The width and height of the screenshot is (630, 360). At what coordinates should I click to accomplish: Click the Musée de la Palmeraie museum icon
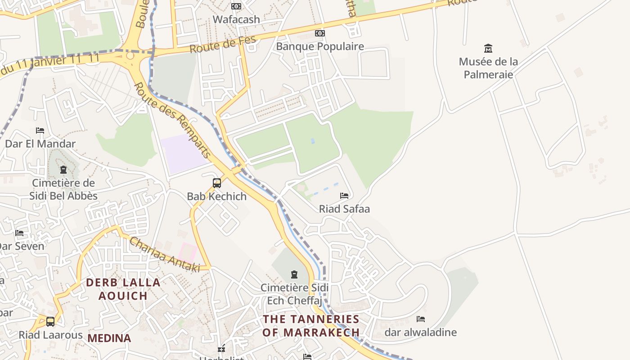[x=488, y=48]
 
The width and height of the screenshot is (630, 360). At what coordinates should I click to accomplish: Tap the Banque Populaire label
[x=319, y=46]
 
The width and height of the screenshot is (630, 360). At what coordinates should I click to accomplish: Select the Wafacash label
[x=236, y=19]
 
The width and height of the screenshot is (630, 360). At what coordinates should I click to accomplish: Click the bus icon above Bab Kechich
[x=217, y=183]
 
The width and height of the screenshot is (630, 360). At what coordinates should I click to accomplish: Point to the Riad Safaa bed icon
[x=344, y=196]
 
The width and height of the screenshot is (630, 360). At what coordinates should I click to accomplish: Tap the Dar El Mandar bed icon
[x=40, y=130]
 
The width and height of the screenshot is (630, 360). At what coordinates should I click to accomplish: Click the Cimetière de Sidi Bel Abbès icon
[x=63, y=170]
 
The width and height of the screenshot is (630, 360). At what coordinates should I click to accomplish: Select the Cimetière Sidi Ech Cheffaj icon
[x=294, y=274]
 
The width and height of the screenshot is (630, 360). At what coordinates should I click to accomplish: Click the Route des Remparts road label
[x=173, y=120]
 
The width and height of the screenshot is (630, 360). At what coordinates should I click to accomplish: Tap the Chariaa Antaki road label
[x=164, y=255]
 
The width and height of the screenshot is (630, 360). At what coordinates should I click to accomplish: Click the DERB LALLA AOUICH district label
[x=123, y=289]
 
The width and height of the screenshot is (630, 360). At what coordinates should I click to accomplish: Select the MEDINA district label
[x=109, y=338]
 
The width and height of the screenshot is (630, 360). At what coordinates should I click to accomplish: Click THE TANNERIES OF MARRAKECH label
[x=311, y=326]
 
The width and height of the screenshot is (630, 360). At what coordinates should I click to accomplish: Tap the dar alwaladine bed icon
[x=421, y=319]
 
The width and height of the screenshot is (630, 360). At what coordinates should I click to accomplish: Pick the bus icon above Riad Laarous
[x=50, y=322]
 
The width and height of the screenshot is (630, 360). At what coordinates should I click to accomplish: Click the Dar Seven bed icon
[x=19, y=233]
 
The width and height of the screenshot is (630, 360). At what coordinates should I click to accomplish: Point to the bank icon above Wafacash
[x=236, y=6]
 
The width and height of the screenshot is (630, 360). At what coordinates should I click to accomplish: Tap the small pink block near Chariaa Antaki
[x=188, y=253]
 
